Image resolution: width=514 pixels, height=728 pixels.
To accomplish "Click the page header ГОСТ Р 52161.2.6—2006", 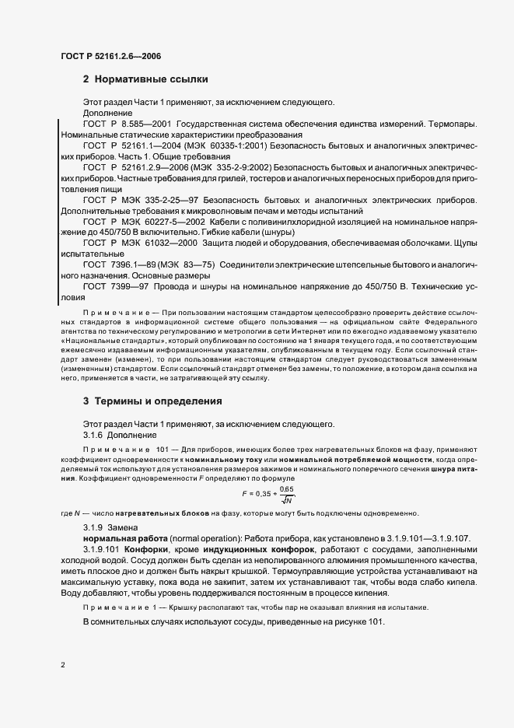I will click(110, 55).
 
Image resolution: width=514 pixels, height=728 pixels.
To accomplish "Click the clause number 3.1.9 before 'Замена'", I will click(93, 528).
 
